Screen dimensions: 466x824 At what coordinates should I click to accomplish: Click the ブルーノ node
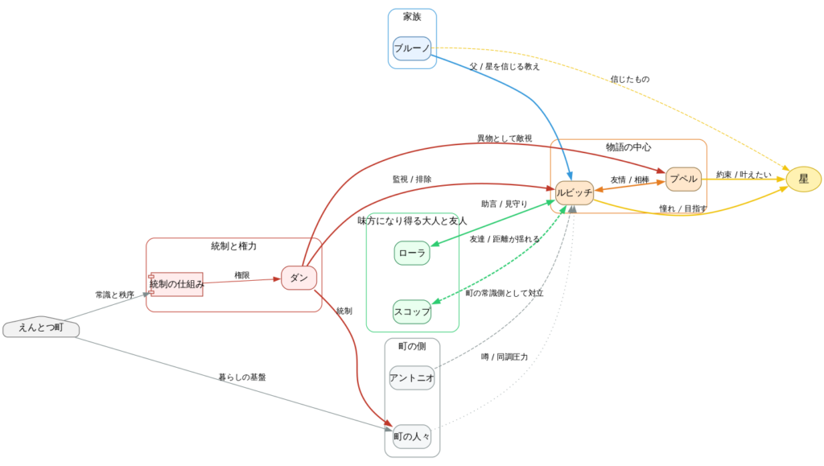pos(412,48)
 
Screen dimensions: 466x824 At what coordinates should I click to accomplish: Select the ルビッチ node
pos(575,192)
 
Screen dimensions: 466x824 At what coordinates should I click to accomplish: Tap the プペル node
pos(684,179)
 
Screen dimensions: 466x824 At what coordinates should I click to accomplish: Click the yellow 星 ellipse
pos(804,179)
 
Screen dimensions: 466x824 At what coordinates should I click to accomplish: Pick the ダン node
pos(299,278)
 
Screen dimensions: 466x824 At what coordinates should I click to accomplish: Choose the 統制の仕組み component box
pos(176,284)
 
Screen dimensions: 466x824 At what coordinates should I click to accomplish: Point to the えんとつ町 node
pos(41,328)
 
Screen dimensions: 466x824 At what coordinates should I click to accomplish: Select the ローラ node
pos(412,253)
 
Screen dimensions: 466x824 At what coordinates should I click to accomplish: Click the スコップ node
pos(412,311)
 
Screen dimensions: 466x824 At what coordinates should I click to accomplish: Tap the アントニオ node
pos(412,377)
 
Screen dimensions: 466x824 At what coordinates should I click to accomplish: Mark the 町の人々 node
pos(412,436)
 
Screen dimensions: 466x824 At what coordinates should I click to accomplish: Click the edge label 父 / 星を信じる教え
pos(505,67)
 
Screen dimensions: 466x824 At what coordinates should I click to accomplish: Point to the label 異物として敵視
pos(505,139)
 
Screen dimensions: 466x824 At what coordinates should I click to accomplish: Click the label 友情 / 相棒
pos(630,180)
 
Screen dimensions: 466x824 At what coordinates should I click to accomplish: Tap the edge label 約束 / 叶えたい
pos(744,175)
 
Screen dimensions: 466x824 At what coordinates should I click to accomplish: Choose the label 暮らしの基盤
pos(241,377)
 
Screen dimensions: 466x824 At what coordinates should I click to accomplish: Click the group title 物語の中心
pos(628,147)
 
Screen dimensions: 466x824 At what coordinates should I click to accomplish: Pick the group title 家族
pos(412,17)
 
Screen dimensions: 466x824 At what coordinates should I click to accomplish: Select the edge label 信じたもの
pos(630,80)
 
